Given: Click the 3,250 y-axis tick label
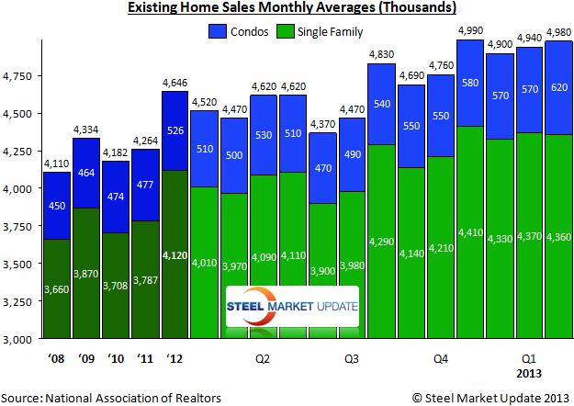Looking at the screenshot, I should pyautogui.click(x=17, y=301).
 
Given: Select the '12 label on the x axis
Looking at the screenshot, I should pyautogui.click(x=174, y=358).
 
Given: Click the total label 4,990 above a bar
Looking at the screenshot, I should pyautogui.click(x=470, y=32).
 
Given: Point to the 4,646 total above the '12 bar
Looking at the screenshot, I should pyautogui.click(x=174, y=84).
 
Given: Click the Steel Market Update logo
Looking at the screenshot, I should pyautogui.click(x=293, y=307).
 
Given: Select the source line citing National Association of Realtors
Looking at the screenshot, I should pyautogui.click(x=111, y=397).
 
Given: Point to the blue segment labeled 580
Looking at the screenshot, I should pyautogui.click(x=470, y=83).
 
